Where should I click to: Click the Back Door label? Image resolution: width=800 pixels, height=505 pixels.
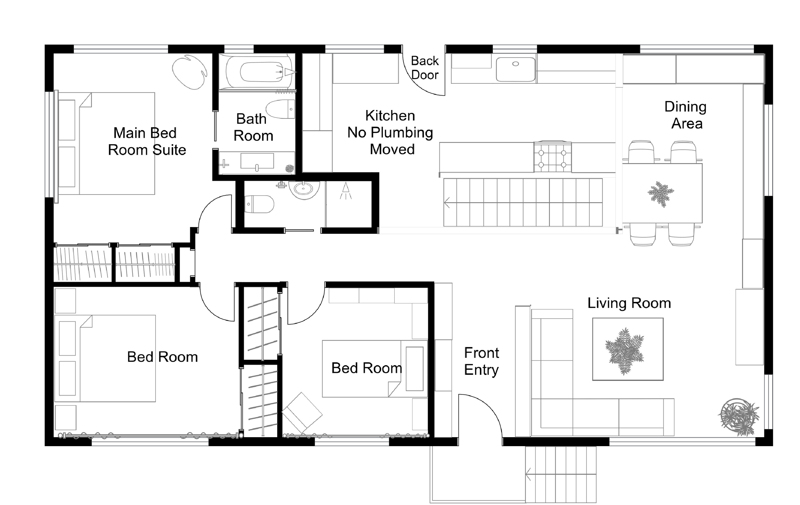coord(425,68)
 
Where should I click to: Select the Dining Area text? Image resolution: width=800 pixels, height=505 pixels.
coord(686,115)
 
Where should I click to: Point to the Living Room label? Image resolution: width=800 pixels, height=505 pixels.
coord(629,303)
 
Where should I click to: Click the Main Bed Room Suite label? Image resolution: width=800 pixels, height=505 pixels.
coord(147,141)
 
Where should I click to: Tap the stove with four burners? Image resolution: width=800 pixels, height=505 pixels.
coord(553,157)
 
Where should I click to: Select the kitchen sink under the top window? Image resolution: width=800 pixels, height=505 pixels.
coord(516,69)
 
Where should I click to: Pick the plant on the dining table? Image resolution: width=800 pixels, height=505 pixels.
coord(661,194)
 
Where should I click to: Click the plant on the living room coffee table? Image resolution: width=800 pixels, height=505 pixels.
coord(625,351)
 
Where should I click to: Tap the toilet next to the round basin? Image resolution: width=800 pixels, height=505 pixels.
coord(259,204)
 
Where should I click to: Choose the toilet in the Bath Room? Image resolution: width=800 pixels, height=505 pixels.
coord(281,109)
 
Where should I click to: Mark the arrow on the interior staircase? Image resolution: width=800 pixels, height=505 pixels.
coord(447,202)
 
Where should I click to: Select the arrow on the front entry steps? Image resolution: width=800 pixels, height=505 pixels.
coord(528,474)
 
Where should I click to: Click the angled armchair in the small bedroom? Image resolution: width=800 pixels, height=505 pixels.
coord(302,413)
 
